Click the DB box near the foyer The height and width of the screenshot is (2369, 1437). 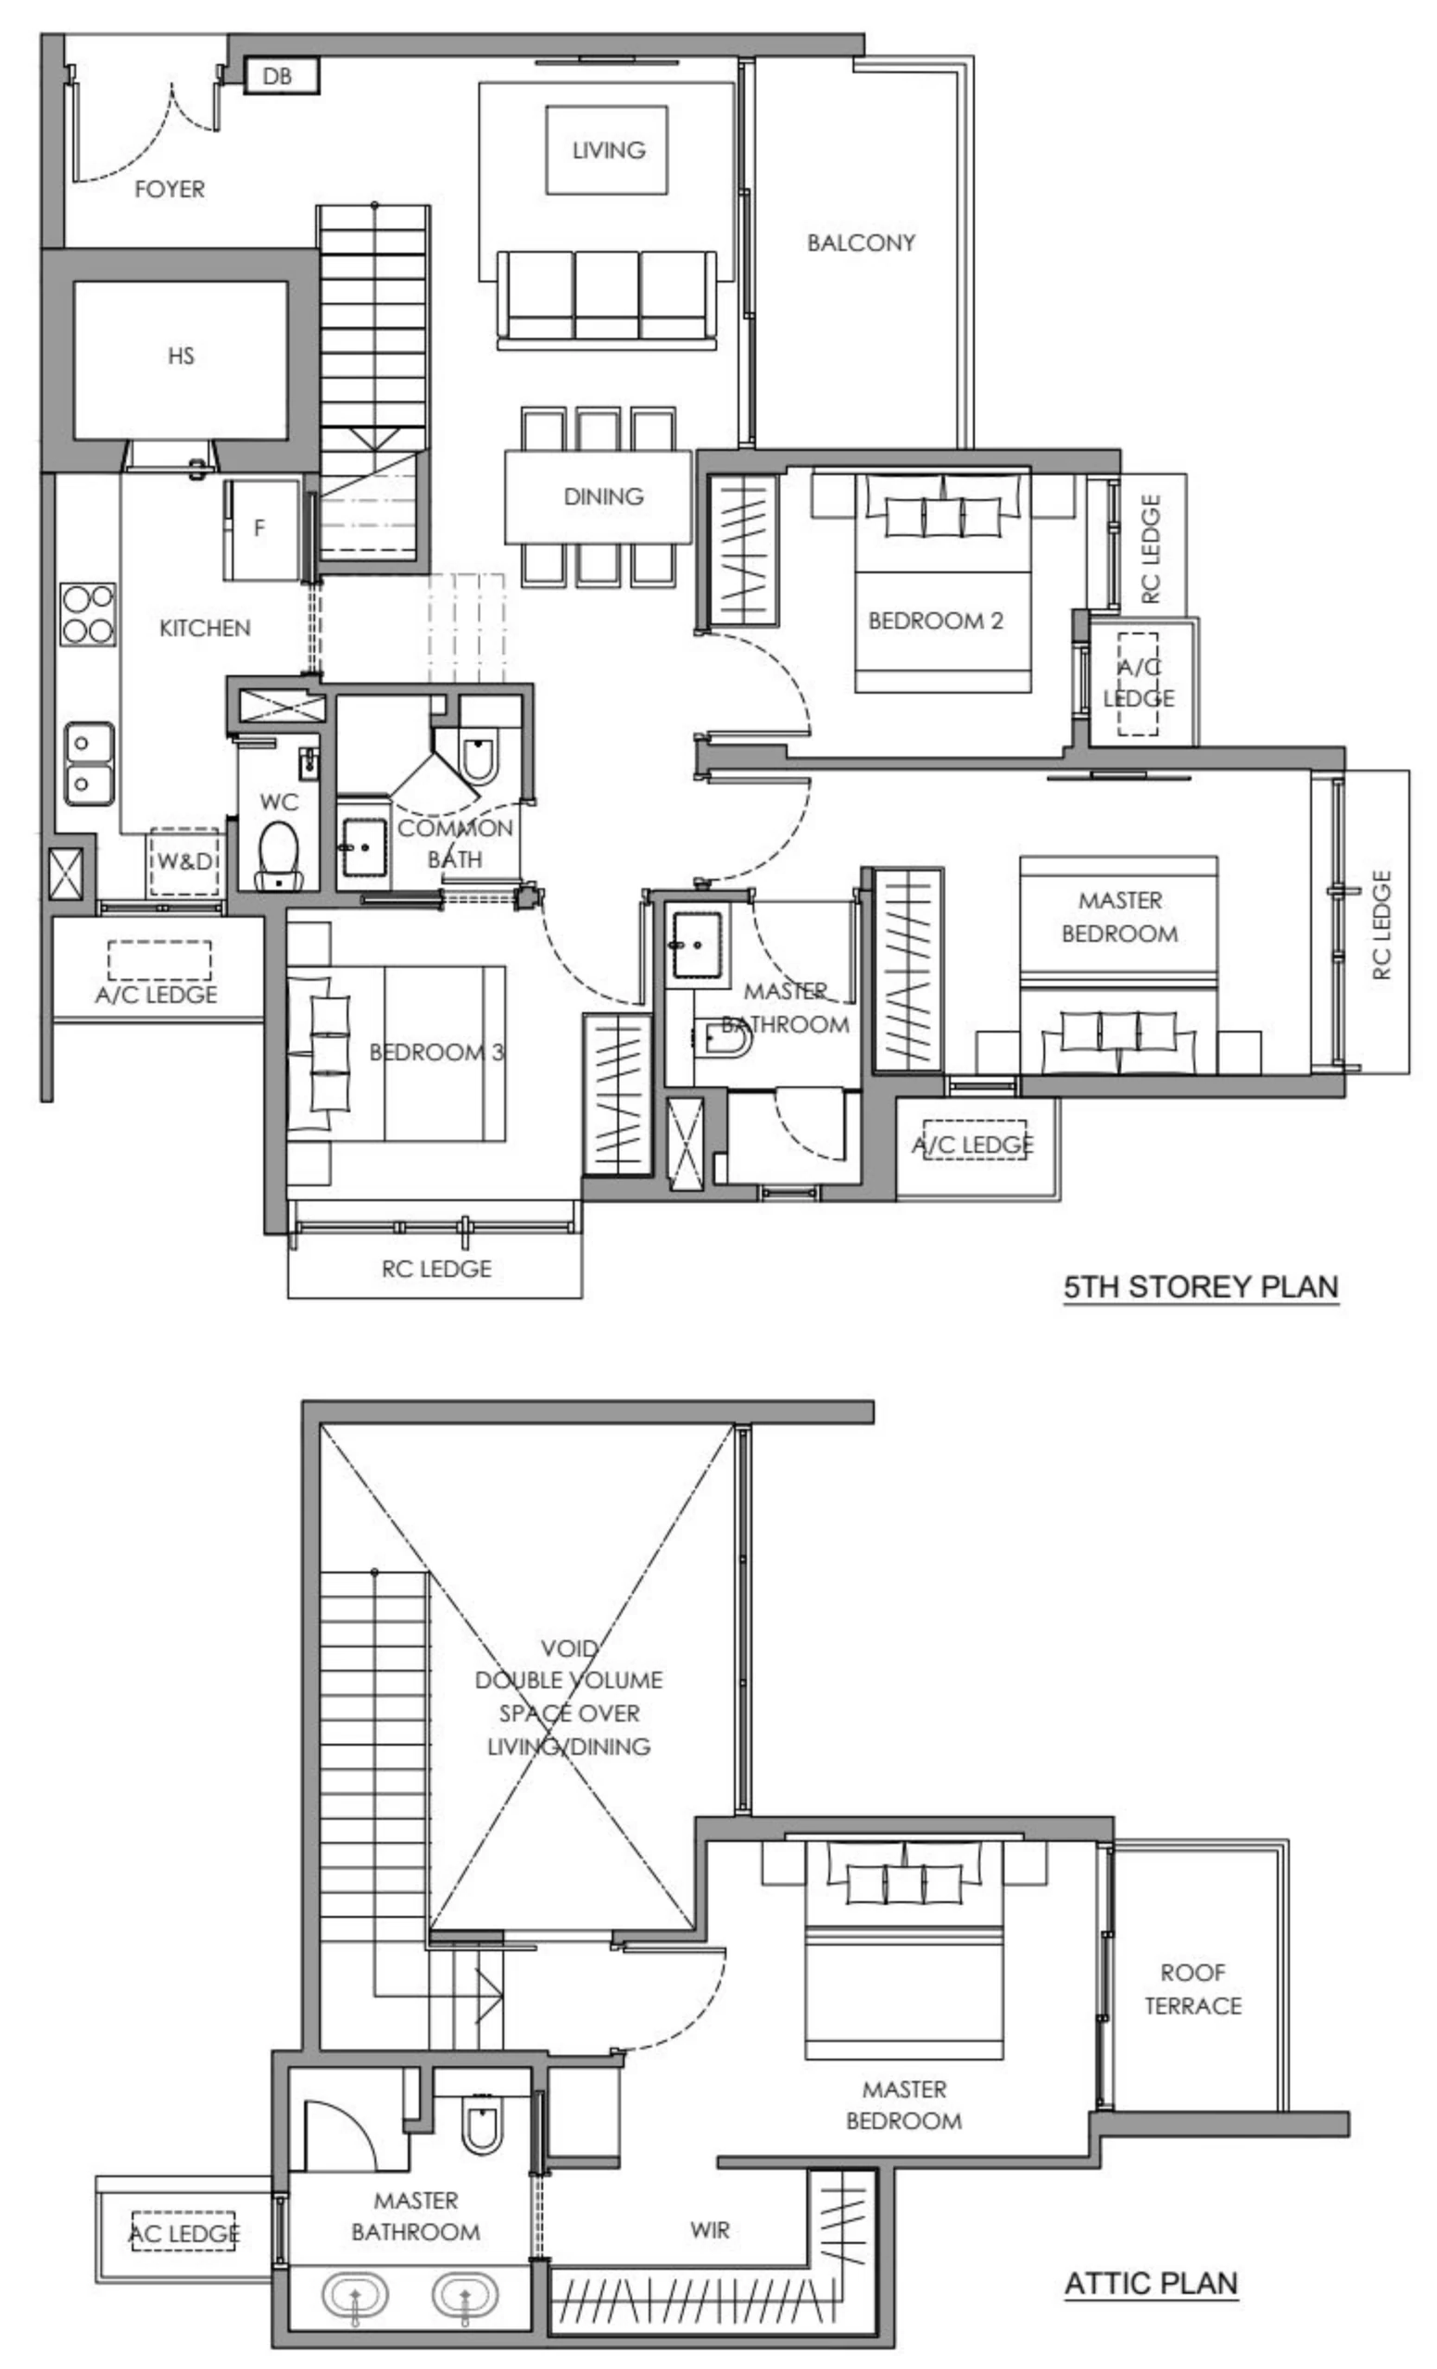tap(280, 75)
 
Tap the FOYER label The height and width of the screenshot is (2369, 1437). tap(170, 190)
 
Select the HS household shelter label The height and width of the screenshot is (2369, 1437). tap(181, 357)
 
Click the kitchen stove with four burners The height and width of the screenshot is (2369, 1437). tap(87, 615)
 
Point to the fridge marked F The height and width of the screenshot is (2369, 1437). tap(259, 529)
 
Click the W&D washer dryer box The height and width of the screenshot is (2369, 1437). tap(184, 861)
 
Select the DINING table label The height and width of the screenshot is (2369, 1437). tap(603, 497)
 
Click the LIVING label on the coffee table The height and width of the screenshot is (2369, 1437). tap(608, 151)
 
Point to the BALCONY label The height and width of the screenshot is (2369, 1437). tap(860, 244)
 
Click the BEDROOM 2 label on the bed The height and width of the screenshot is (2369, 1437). tap(935, 621)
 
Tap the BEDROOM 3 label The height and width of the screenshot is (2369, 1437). tap(435, 1053)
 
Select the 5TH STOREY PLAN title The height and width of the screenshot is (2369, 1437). tap(1201, 1287)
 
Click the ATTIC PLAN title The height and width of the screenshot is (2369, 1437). tap(1151, 2283)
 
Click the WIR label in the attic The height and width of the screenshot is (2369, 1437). tap(709, 2229)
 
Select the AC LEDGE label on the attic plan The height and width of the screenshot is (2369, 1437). tap(183, 2234)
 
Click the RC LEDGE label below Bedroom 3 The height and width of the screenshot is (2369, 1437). tap(435, 1269)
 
